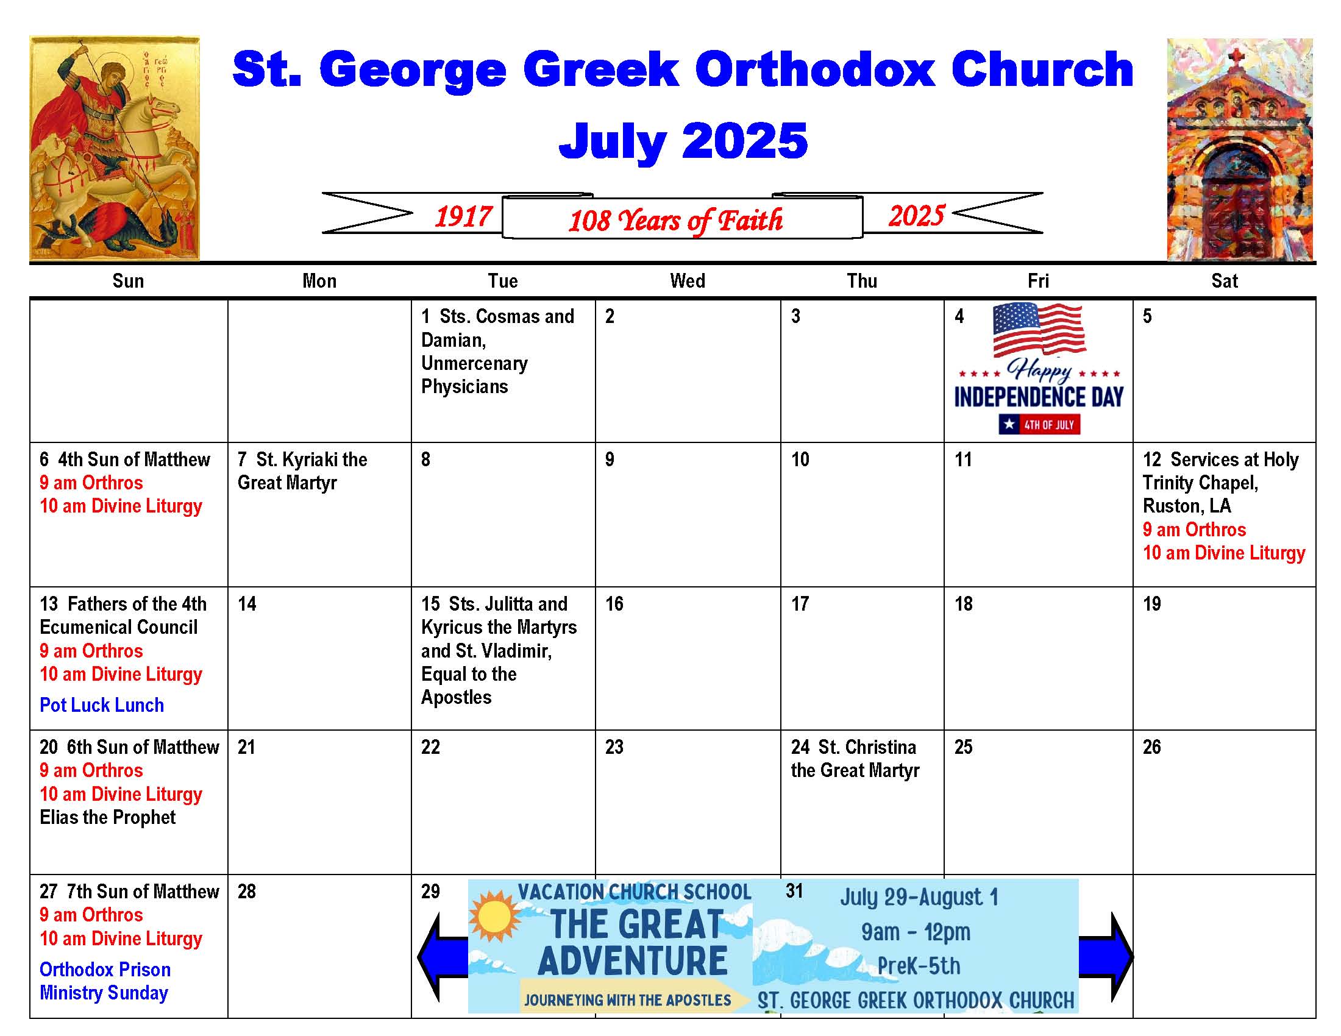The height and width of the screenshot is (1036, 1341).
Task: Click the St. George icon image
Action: (x=115, y=149)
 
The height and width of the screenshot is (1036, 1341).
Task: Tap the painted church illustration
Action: (x=1240, y=150)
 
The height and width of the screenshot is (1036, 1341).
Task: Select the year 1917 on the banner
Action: (x=464, y=217)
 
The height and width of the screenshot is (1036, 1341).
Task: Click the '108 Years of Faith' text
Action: (x=675, y=221)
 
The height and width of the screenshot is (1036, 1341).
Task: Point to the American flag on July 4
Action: (x=1039, y=329)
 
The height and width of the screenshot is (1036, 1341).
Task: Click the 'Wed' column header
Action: (x=688, y=281)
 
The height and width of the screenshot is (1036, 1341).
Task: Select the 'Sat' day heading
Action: (x=1225, y=281)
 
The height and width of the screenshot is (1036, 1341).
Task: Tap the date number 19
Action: (x=1152, y=604)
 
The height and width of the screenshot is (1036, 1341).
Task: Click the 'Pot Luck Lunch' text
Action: (x=102, y=705)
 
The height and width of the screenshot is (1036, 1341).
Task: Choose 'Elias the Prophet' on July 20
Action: (x=108, y=817)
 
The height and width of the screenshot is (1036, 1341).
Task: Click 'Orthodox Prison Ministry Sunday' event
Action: (x=105, y=981)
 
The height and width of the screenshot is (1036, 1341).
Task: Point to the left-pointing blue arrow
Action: (x=442, y=957)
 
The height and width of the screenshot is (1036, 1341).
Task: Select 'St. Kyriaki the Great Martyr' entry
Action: (x=303, y=470)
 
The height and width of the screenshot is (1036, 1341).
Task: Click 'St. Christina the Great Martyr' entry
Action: (x=855, y=759)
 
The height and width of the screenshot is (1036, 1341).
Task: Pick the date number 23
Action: (x=614, y=747)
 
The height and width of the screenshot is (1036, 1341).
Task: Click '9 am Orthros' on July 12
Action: (x=1194, y=530)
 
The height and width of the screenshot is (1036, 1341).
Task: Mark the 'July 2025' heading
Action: (x=683, y=141)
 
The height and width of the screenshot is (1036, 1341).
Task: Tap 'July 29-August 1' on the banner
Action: (x=919, y=897)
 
